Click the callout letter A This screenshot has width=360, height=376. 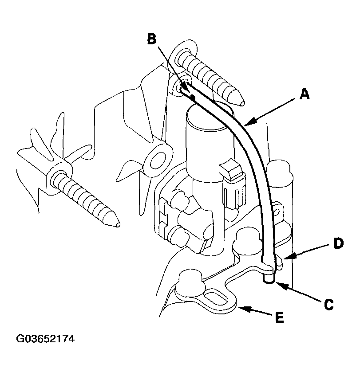point(305,94)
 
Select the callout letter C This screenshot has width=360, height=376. point(328,305)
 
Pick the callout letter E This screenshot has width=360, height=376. point(279,318)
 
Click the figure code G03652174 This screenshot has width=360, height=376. point(45,339)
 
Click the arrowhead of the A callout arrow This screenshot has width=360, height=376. point(247,124)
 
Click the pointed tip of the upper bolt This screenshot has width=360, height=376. point(243,104)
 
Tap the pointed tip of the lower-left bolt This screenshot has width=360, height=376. point(118,225)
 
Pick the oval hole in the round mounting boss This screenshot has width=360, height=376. point(158,160)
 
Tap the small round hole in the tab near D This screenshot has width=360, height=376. point(277,212)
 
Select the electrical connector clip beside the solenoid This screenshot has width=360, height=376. point(232,182)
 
